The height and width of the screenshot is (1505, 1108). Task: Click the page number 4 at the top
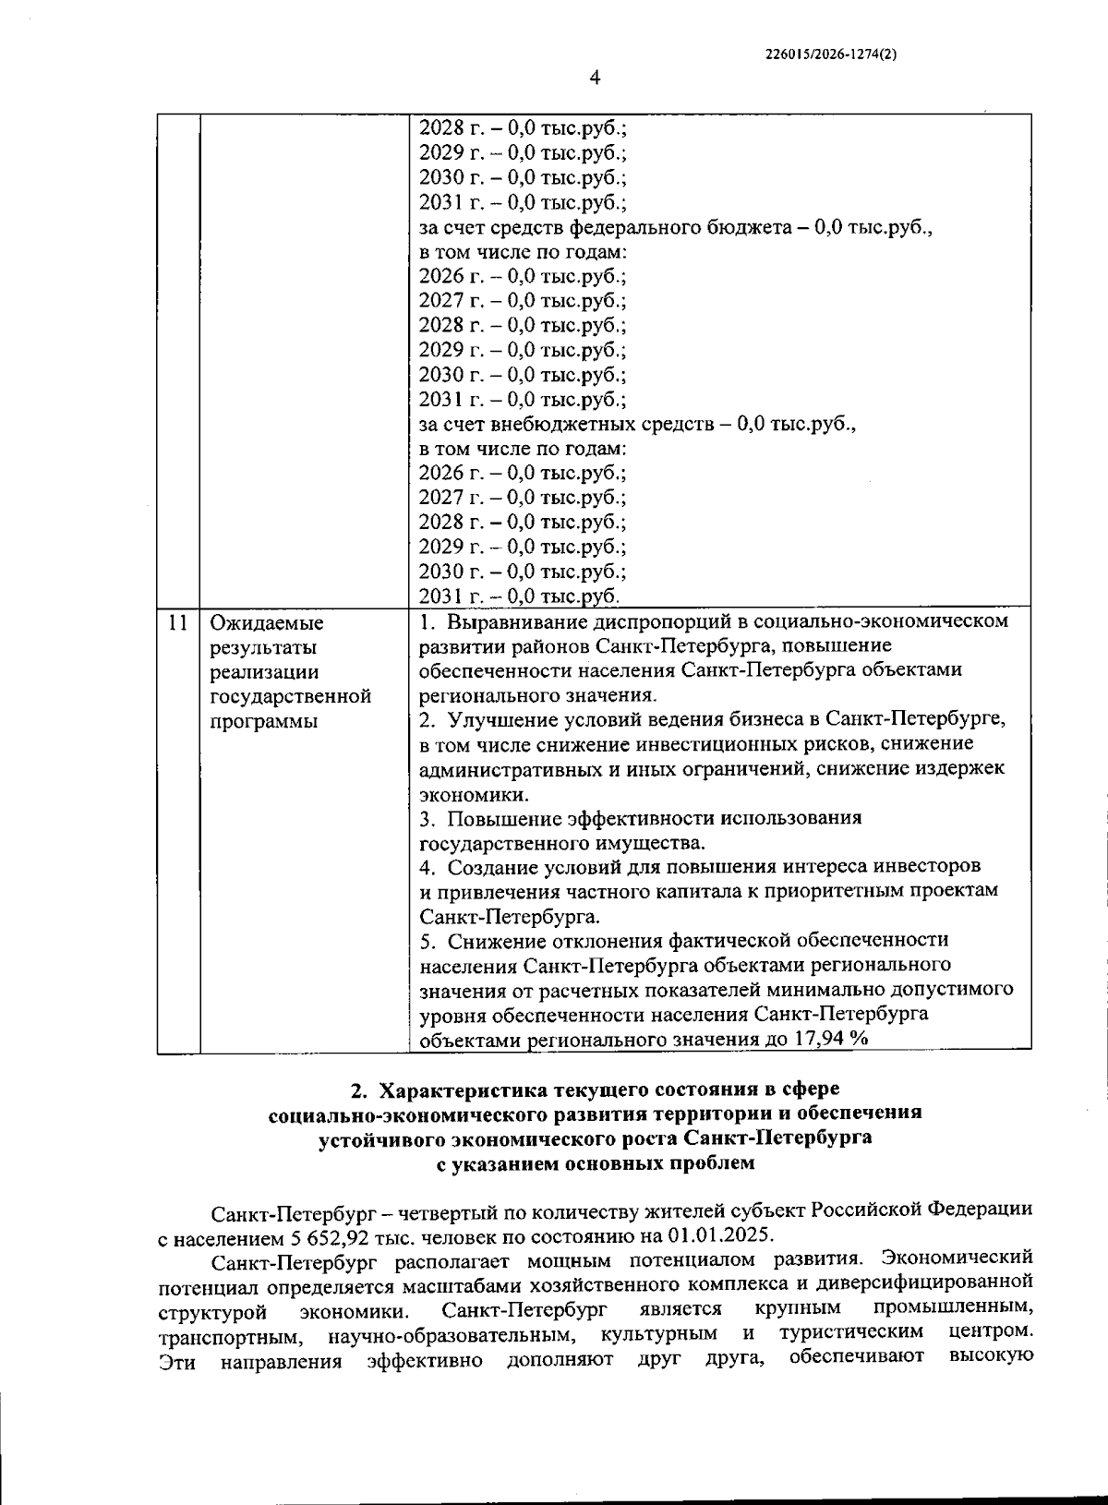595,78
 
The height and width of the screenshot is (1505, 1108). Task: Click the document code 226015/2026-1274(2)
832,54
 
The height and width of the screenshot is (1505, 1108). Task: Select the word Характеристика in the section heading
480,1090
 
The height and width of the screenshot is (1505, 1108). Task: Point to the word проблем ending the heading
714,1163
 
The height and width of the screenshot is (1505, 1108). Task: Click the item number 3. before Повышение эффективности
428,818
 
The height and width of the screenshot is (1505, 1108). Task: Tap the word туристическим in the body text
850,1334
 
